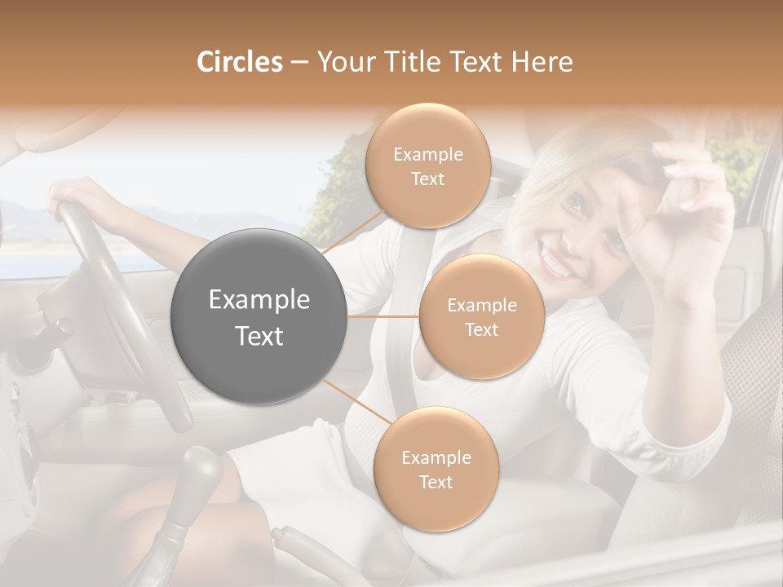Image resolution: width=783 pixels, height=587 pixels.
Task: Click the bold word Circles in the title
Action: click(x=239, y=62)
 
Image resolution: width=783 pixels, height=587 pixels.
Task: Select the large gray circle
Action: click(x=259, y=316)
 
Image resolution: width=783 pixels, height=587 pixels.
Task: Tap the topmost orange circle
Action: click(x=427, y=166)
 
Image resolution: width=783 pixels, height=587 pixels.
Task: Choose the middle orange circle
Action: click(x=481, y=317)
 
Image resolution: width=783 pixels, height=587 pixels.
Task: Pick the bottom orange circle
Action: click(x=436, y=470)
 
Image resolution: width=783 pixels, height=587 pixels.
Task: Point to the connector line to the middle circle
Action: click(x=383, y=316)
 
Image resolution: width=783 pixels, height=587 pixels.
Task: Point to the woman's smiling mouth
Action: click(x=555, y=266)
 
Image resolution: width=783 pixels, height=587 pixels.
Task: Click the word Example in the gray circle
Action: click(x=259, y=300)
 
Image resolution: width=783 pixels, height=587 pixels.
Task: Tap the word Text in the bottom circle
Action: click(x=436, y=482)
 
